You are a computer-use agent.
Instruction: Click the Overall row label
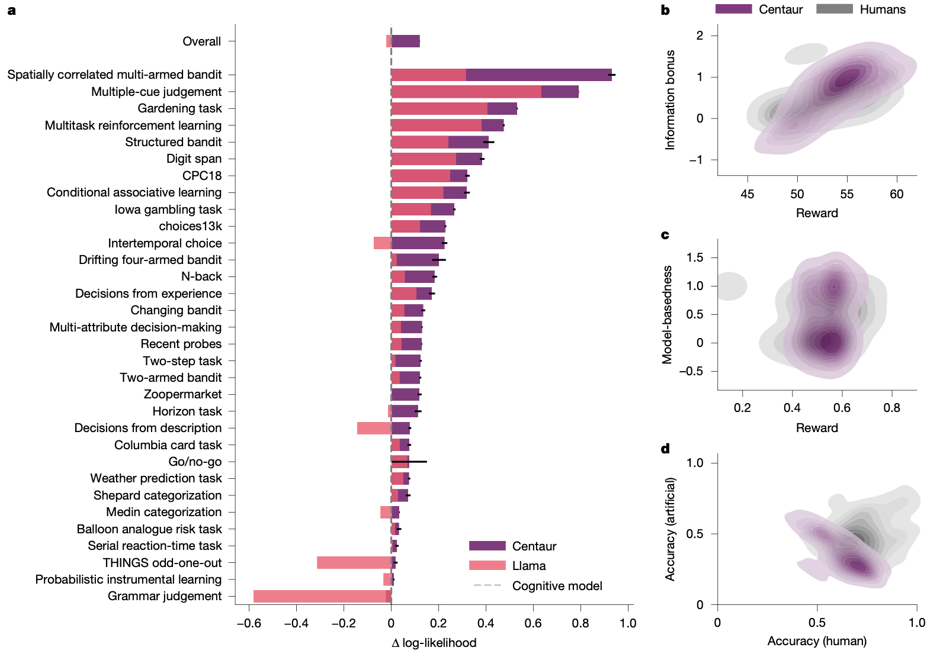201,41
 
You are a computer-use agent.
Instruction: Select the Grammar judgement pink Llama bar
320,596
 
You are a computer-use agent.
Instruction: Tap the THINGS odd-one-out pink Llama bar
354,562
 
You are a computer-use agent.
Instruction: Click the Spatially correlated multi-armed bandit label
114,75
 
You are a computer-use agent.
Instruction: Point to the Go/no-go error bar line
417,461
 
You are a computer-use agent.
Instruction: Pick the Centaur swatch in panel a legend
487,546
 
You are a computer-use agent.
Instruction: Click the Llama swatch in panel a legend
487,565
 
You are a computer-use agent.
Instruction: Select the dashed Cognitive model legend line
487,585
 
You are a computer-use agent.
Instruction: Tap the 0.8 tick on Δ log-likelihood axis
580,623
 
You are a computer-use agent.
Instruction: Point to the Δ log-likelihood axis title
434,643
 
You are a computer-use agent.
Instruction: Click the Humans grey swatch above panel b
834,9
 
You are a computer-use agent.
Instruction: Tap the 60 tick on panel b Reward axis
896,194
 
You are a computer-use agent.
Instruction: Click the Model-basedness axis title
668,314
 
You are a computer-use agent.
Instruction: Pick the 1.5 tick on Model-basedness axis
695,257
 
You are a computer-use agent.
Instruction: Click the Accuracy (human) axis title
817,640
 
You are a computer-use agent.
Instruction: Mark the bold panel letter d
665,449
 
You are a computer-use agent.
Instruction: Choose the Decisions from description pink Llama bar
374,428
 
